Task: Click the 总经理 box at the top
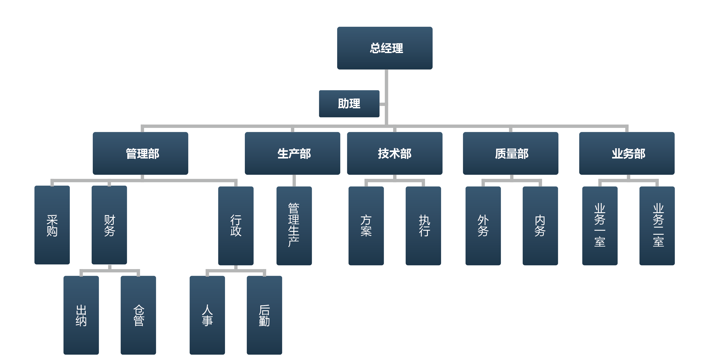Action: point(384,48)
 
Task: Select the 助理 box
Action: point(349,104)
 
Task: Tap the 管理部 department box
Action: point(140,153)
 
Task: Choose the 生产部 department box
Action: point(292,153)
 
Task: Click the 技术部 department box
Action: point(394,153)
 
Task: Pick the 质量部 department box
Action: point(510,153)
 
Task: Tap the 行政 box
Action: point(236,226)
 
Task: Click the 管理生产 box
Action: point(294,226)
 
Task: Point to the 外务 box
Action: point(483,226)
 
